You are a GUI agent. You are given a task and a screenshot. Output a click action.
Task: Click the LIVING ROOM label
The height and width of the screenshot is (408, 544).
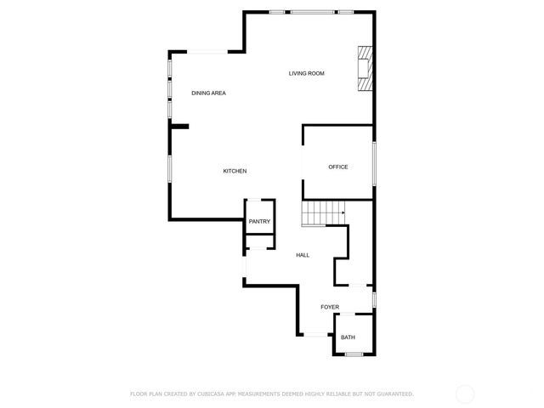tap(306, 74)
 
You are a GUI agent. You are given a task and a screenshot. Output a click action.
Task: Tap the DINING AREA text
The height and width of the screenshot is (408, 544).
tap(208, 93)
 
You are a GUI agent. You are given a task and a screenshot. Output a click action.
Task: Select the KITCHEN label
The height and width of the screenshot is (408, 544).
tap(235, 172)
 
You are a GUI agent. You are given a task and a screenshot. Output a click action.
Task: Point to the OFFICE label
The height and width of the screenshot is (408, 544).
tap(338, 167)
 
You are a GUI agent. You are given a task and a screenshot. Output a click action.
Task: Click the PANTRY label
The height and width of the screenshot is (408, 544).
tap(259, 222)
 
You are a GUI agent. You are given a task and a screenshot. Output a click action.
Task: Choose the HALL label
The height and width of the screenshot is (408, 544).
tap(303, 255)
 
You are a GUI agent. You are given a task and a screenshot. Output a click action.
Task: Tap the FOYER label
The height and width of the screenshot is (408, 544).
tap(330, 307)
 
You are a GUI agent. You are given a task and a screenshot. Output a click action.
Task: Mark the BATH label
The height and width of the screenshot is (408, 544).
tap(348, 337)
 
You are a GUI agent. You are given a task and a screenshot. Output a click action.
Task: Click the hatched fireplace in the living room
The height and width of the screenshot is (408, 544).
tap(365, 68)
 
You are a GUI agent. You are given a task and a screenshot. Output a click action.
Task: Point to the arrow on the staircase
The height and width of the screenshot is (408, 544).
tap(342, 213)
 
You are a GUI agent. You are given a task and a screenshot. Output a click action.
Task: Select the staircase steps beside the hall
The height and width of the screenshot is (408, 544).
tap(323, 213)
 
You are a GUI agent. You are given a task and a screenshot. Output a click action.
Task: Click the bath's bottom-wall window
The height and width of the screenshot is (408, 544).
tap(354, 354)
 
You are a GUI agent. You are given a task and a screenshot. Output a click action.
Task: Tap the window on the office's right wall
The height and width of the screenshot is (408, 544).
tap(374, 167)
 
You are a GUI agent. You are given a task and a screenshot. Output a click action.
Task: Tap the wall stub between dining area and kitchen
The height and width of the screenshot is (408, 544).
tap(179, 127)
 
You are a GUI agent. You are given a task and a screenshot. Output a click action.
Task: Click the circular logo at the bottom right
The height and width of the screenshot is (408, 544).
tap(465, 394)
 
